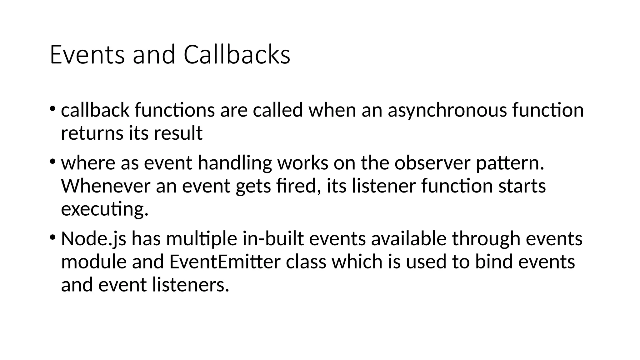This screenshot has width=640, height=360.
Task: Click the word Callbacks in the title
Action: (x=237, y=55)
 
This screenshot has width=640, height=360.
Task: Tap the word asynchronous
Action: (x=447, y=110)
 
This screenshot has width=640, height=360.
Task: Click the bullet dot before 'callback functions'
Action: (x=52, y=109)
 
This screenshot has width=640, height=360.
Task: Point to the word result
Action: (x=178, y=133)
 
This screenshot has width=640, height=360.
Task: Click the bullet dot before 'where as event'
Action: (x=52, y=162)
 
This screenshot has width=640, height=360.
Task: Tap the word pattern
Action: (x=510, y=164)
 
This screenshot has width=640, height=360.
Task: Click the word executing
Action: (x=104, y=209)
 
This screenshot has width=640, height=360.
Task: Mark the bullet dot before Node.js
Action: (x=52, y=237)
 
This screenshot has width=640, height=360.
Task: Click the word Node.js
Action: (x=93, y=239)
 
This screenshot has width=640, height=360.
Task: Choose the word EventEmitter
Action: (x=225, y=262)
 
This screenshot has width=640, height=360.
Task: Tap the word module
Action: (x=94, y=262)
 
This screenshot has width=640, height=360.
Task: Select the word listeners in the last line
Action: (x=191, y=285)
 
